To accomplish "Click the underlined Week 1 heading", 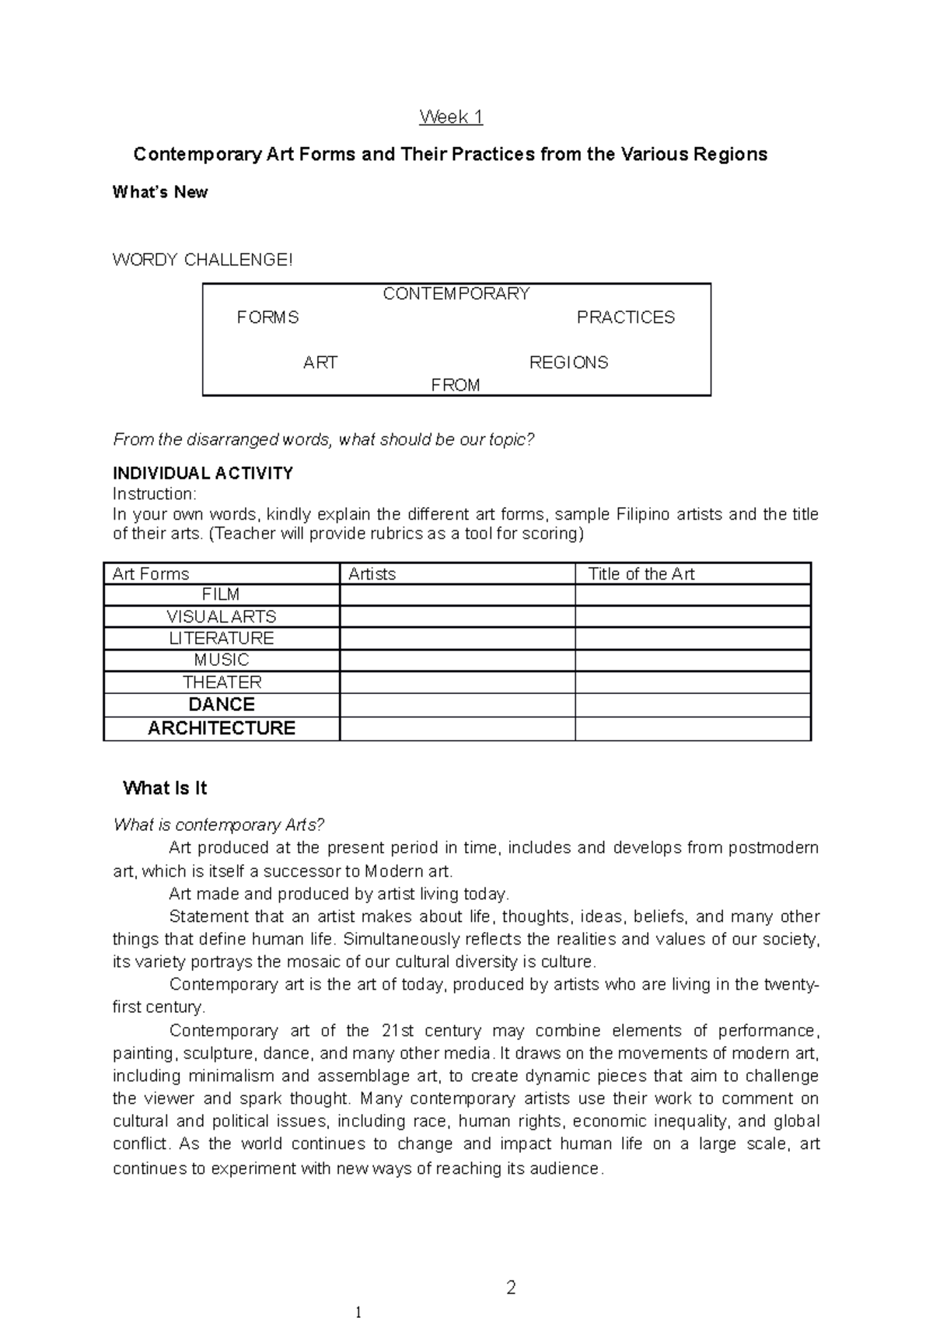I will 451,117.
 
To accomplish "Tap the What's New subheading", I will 160,192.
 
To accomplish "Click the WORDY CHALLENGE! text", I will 203,260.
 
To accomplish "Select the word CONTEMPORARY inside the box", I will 456,294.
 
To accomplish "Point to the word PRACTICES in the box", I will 625,317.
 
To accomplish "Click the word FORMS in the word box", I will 267,317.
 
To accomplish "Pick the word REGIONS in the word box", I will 568,363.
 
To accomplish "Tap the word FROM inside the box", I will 456,385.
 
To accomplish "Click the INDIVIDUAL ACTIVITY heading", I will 203,473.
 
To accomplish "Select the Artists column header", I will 372,574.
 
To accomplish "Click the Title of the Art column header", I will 641,574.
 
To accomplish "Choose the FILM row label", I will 221,595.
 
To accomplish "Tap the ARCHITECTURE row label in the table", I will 222,728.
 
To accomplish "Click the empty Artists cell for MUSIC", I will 457,660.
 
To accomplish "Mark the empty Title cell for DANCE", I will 692,705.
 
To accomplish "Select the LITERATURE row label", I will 222,639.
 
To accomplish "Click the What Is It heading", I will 165,788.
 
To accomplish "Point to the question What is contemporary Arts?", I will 218,825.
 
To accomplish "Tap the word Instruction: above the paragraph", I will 155,494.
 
